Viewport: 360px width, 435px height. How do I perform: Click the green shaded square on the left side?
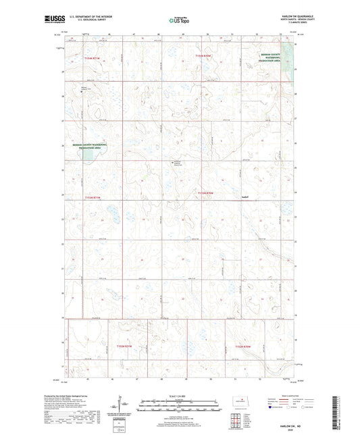pos(87,155)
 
